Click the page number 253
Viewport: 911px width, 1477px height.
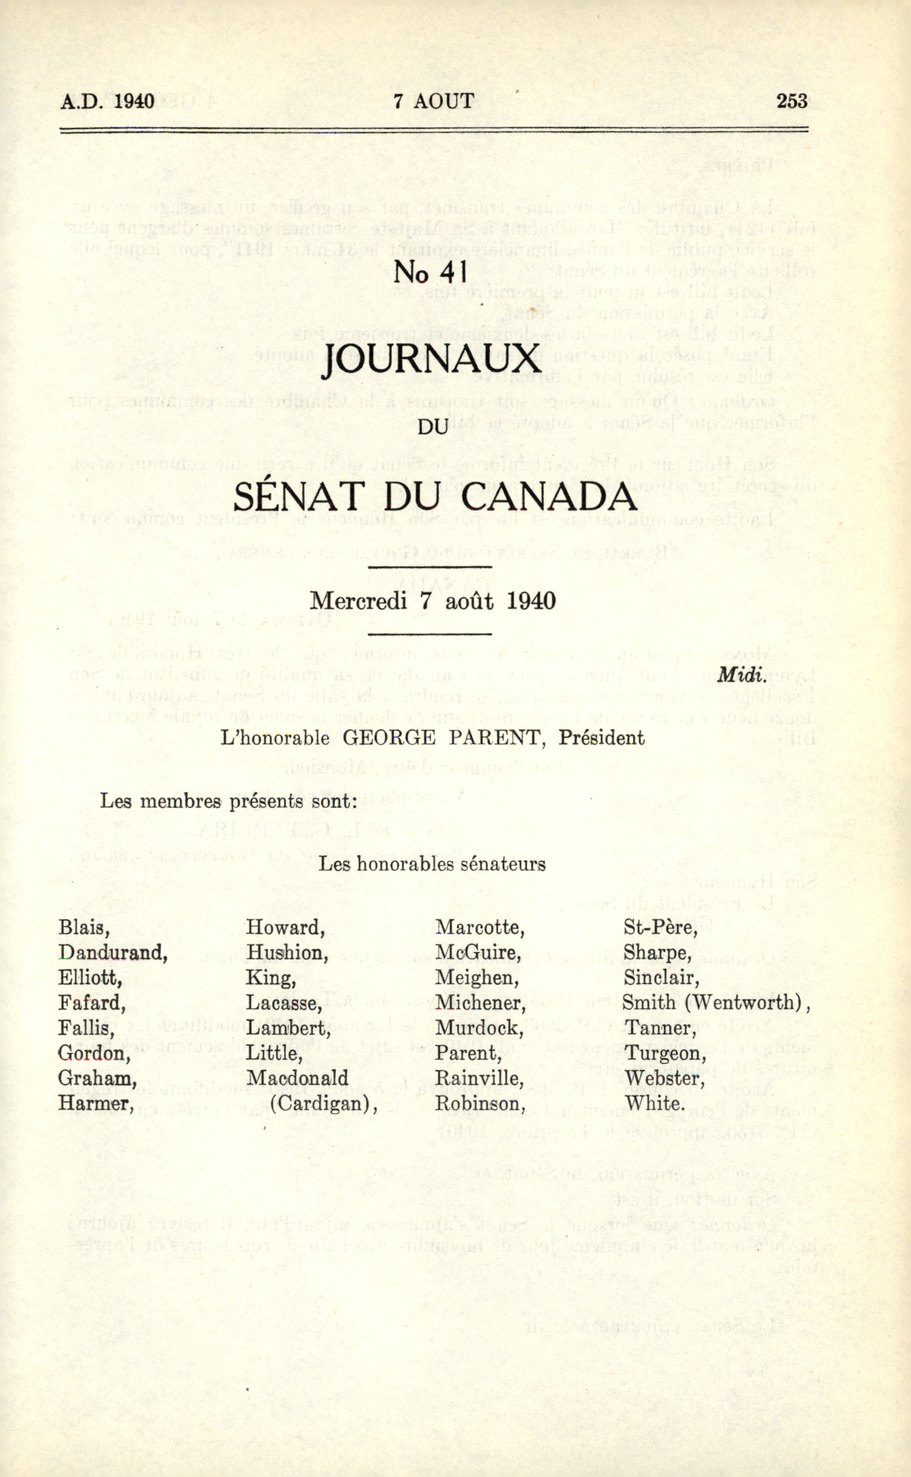point(792,101)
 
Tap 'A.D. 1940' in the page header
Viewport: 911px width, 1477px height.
point(107,101)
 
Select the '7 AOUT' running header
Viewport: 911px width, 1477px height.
point(434,101)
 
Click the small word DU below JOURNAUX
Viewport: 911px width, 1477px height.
point(433,427)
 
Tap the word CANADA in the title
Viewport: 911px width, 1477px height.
point(549,497)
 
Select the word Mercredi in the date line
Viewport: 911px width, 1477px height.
point(358,601)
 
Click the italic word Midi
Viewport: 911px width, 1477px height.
point(742,675)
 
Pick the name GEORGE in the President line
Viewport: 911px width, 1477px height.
point(389,738)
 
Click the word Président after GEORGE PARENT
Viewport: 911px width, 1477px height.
point(601,738)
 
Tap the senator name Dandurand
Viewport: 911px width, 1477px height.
point(113,953)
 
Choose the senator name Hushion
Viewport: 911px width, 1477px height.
point(287,953)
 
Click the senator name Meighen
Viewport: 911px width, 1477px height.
point(477,977)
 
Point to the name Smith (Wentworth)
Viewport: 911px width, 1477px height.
point(716,1003)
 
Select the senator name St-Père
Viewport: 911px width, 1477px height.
point(660,927)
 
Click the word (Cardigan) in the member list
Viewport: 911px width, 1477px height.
point(324,1103)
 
